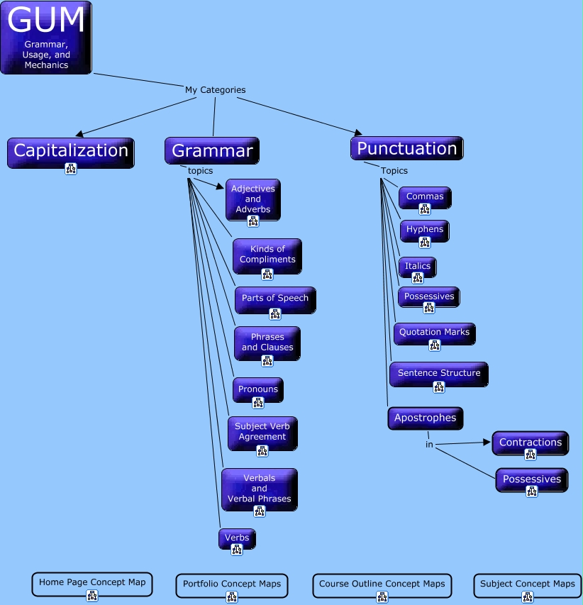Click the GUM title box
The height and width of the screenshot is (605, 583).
coord(46,38)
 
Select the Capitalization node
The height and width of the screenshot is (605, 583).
coord(71,152)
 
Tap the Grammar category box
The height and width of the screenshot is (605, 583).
coord(212,150)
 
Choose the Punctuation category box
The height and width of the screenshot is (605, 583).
coord(407,148)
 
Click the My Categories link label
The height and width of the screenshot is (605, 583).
coord(216,90)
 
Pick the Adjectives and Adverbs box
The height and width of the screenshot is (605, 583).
coord(253,199)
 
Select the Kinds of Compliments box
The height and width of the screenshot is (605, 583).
coord(267,256)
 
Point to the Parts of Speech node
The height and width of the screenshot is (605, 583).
coord(275,300)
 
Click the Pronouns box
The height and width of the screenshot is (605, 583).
coord(258,390)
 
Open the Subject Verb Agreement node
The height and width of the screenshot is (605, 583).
coord(262,433)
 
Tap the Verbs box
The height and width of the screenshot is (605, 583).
coord(237,539)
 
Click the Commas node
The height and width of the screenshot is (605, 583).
coord(425,198)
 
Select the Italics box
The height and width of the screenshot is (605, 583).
coord(418,267)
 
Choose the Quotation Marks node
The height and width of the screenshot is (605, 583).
coord(435,334)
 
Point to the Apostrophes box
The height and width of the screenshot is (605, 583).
coord(425,418)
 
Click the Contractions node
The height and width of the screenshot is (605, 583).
coord(531,443)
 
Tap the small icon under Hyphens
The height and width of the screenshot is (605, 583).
coord(425,243)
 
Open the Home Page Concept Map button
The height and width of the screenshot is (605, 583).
coord(92,584)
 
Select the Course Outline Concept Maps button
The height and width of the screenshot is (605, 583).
coord(382,586)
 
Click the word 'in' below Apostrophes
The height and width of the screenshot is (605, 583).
coord(429,445)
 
